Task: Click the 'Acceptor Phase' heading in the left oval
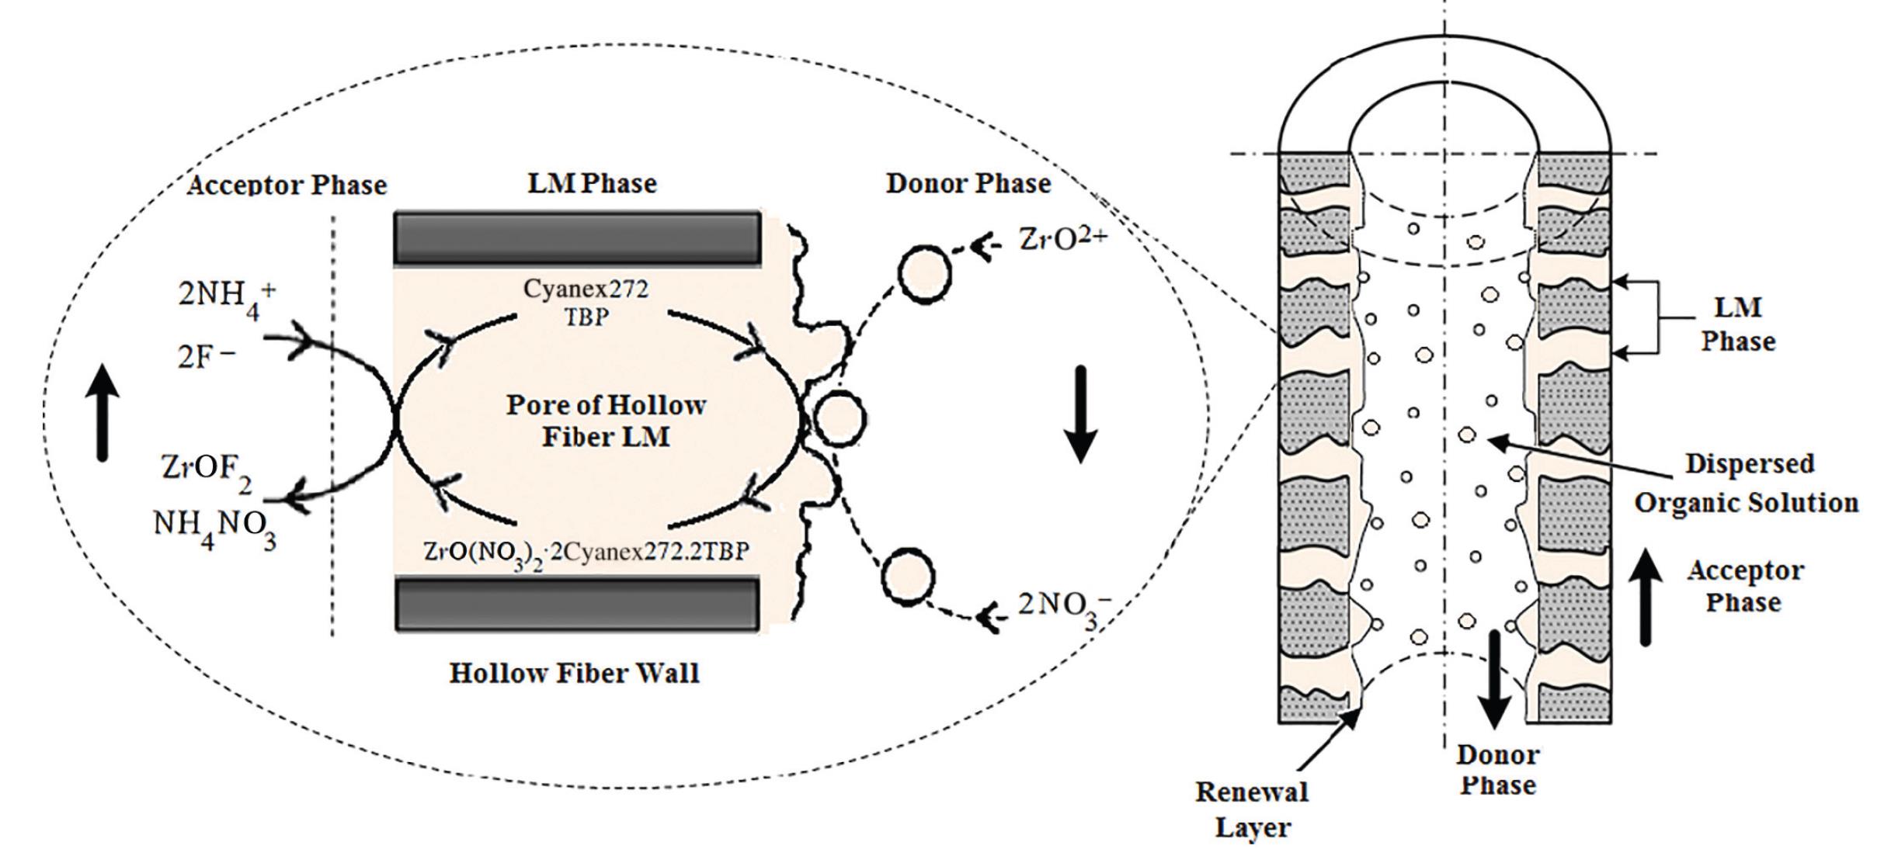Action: (x=287, y=185)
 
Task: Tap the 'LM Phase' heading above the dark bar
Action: (x=592, y=183)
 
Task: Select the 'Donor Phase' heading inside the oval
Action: (x=968, y=183)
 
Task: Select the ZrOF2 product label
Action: (x=206, y=470)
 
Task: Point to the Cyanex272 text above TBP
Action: (x=586, y=289)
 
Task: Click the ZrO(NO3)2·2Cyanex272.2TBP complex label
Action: (x=586, y=553)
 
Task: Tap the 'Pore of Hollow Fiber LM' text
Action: (x=606, y=421)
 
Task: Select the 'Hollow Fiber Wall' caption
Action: (x=574, y=673)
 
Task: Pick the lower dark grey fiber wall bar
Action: (x=577, y=604)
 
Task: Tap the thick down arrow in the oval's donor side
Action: (x=1080, y=415)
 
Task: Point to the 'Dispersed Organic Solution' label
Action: (x=1747, y=483)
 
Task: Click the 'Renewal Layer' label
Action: (x=1252, y=809)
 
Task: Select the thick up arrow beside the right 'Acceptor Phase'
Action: (x=1644, y=598)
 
